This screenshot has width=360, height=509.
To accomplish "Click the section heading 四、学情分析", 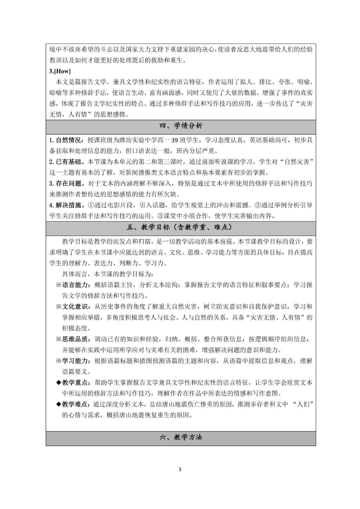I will [181, 126].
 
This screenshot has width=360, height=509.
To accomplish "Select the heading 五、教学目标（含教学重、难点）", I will [181, 228].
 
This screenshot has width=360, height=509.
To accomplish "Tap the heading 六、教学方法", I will [181, 437].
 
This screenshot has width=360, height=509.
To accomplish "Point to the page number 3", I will [180, 470].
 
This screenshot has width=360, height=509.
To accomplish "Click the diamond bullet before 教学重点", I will [59, 383].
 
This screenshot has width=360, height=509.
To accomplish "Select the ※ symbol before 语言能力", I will [59, 285].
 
